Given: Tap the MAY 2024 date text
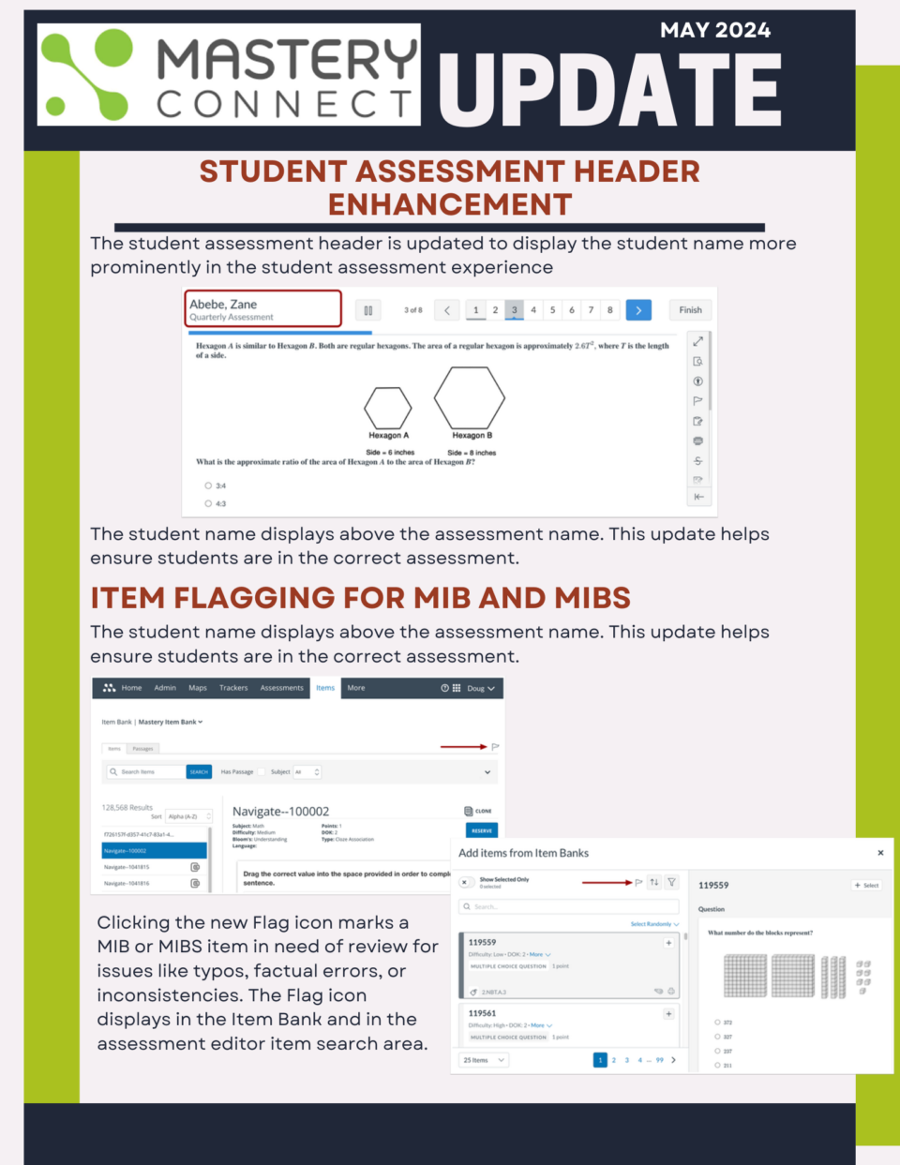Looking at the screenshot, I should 714,30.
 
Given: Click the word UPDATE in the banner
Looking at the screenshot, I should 608,91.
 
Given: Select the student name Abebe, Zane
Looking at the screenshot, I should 223,304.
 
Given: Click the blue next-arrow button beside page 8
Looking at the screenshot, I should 638,310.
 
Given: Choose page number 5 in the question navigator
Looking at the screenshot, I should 552,310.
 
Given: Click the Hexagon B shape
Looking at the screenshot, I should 469,397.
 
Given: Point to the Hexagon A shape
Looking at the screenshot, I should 387,408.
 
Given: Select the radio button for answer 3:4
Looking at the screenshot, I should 208,485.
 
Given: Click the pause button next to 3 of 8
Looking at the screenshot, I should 368,310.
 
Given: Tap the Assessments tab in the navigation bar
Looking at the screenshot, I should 281,688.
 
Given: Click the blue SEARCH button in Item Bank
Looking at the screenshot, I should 199,772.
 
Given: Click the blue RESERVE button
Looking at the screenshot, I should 482,830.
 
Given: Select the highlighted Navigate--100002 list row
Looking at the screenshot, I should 154,851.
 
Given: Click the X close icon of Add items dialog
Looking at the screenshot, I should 879,853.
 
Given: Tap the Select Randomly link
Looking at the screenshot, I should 653,924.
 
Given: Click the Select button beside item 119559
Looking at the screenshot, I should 866,885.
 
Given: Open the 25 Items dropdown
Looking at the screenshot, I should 485,1060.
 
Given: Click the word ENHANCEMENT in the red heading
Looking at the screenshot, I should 450,204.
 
